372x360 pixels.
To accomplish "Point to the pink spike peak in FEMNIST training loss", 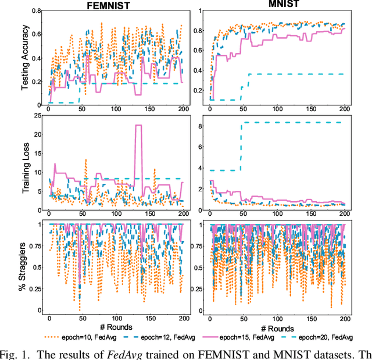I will click(138, 126).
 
